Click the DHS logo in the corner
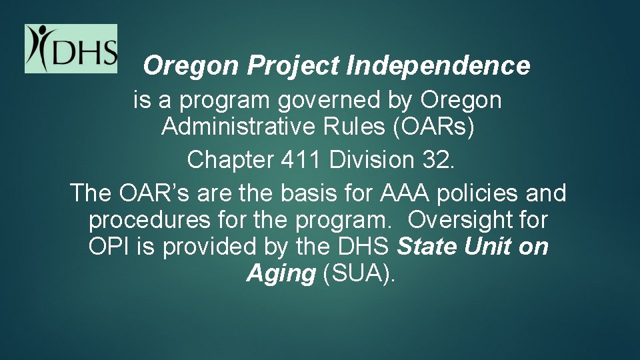point(71,49)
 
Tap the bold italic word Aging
point(280,273)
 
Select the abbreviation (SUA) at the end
point(358,273)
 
